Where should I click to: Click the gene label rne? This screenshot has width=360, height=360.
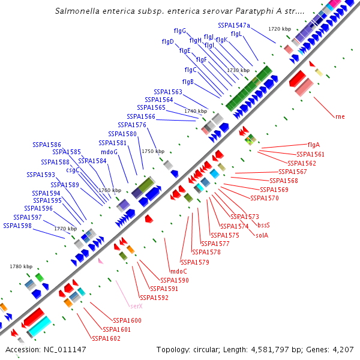click(340, 116)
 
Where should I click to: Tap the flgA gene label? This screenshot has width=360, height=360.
click(313, 145)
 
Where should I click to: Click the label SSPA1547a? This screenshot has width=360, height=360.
click(234, 25)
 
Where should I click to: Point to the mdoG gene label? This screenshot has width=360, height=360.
click(109, 152)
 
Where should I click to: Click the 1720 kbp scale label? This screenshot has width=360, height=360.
click(280, 29)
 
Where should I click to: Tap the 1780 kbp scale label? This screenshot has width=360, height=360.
click(20, 266)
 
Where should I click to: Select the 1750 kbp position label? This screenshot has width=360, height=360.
click(152, 152)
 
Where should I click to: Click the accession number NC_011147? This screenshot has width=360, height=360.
click(65, 349)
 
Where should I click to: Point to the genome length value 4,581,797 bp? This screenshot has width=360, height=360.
click(291, 349)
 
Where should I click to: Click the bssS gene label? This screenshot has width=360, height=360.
click(263, 225)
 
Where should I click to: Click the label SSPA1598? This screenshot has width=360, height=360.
click(17, 226)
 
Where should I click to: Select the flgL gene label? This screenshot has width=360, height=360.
click(236, 34)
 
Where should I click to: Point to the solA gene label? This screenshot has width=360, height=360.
click(262, 235)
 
